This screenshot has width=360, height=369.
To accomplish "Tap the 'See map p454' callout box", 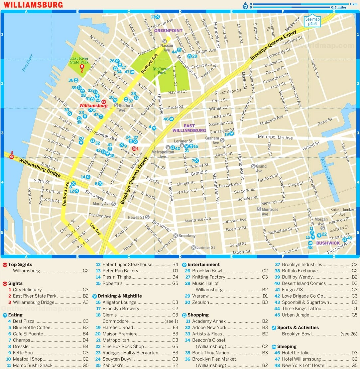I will [312, 22].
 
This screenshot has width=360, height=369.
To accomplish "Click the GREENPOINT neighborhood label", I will [168, 30].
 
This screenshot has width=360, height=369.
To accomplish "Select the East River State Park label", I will [79, 60].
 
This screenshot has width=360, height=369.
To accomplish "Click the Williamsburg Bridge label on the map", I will [40, 168].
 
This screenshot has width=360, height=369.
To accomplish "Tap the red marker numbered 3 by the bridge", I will [12, 156].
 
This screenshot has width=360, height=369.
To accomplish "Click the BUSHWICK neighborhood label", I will [328, 243].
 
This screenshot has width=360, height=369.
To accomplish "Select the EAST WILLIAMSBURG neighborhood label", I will [189, 128].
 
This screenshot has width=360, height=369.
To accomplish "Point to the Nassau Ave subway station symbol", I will [164, 41].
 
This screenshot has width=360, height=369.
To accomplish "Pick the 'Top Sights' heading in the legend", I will [20, 265].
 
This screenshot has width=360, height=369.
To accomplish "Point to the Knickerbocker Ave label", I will [342, 212].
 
